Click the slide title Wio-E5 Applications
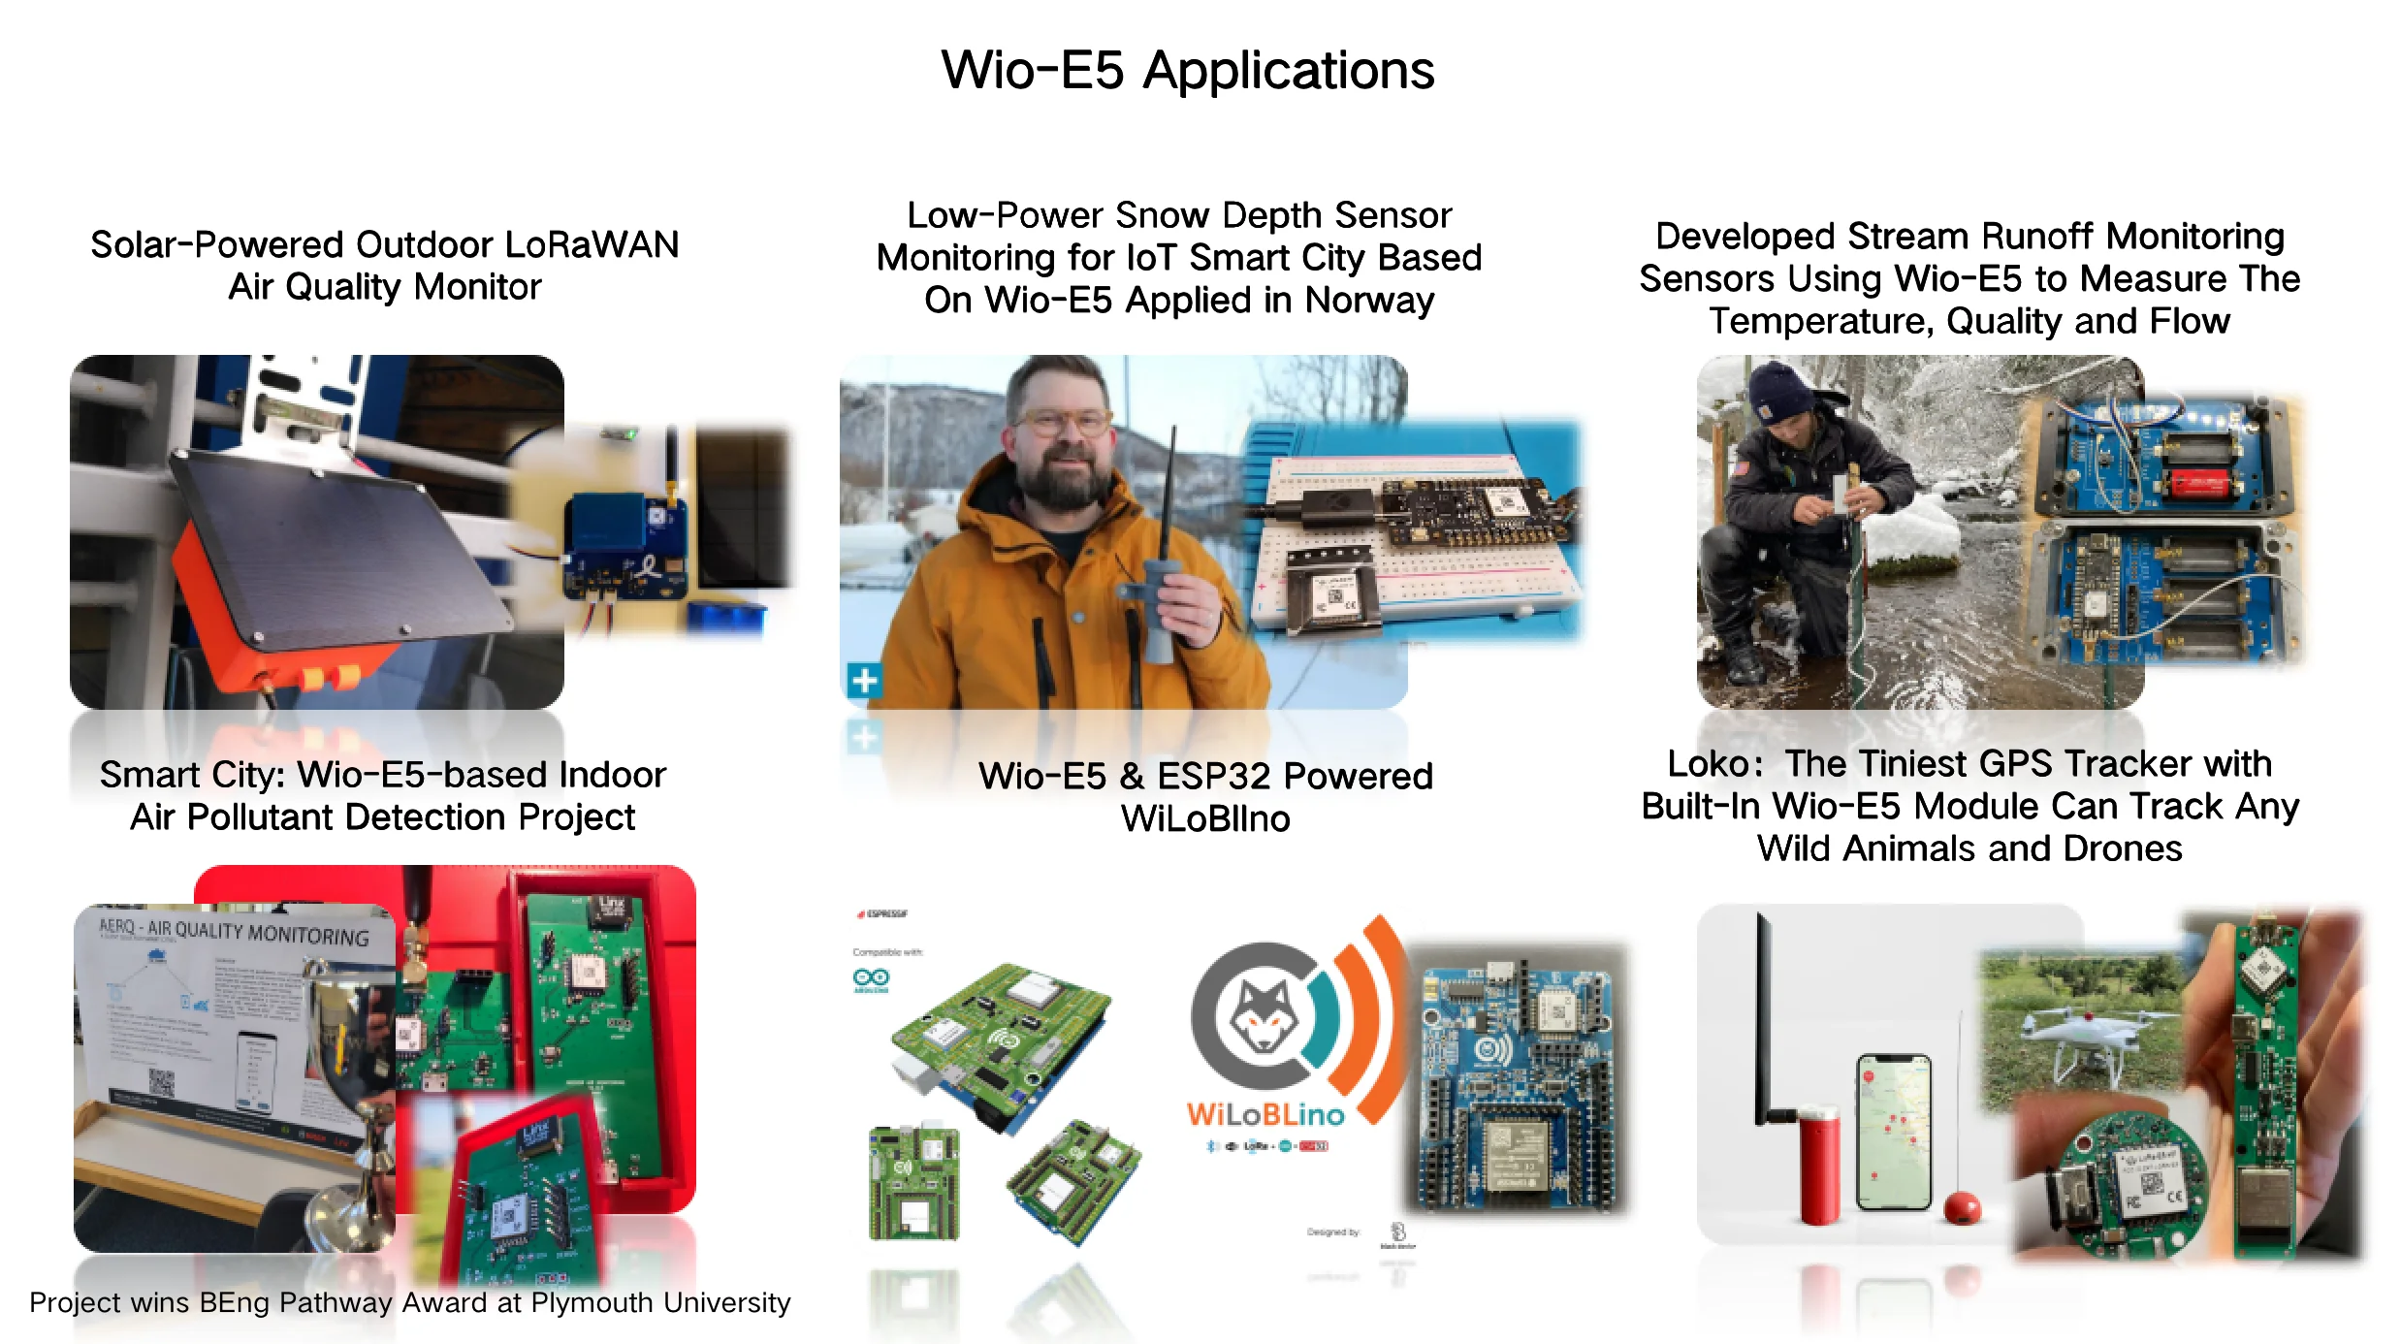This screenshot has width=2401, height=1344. pyautogui.click(x=1187, y=71)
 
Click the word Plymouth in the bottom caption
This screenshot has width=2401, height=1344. pyautogui.click(x=591, y=1302)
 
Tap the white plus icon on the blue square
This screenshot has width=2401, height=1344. pyautogui.click(x=864, y=680)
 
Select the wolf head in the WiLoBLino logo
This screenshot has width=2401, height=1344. pyautogui.click(x=1263, y=1016)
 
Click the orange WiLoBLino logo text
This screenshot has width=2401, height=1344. pyautogui.click(x=1265, y=1114)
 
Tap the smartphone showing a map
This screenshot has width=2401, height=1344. pyautogui.click(x=1892, y=1132)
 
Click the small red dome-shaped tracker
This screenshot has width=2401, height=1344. pyautogui.click(x=1962, y=1208)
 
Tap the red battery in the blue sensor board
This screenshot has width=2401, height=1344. pyautogui.click(x=2202, y=482)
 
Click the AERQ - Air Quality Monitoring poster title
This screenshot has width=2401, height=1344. pyautogui.click(x=234, y=932)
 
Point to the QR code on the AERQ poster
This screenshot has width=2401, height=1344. pyautogui.click(x=161, y=1082)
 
